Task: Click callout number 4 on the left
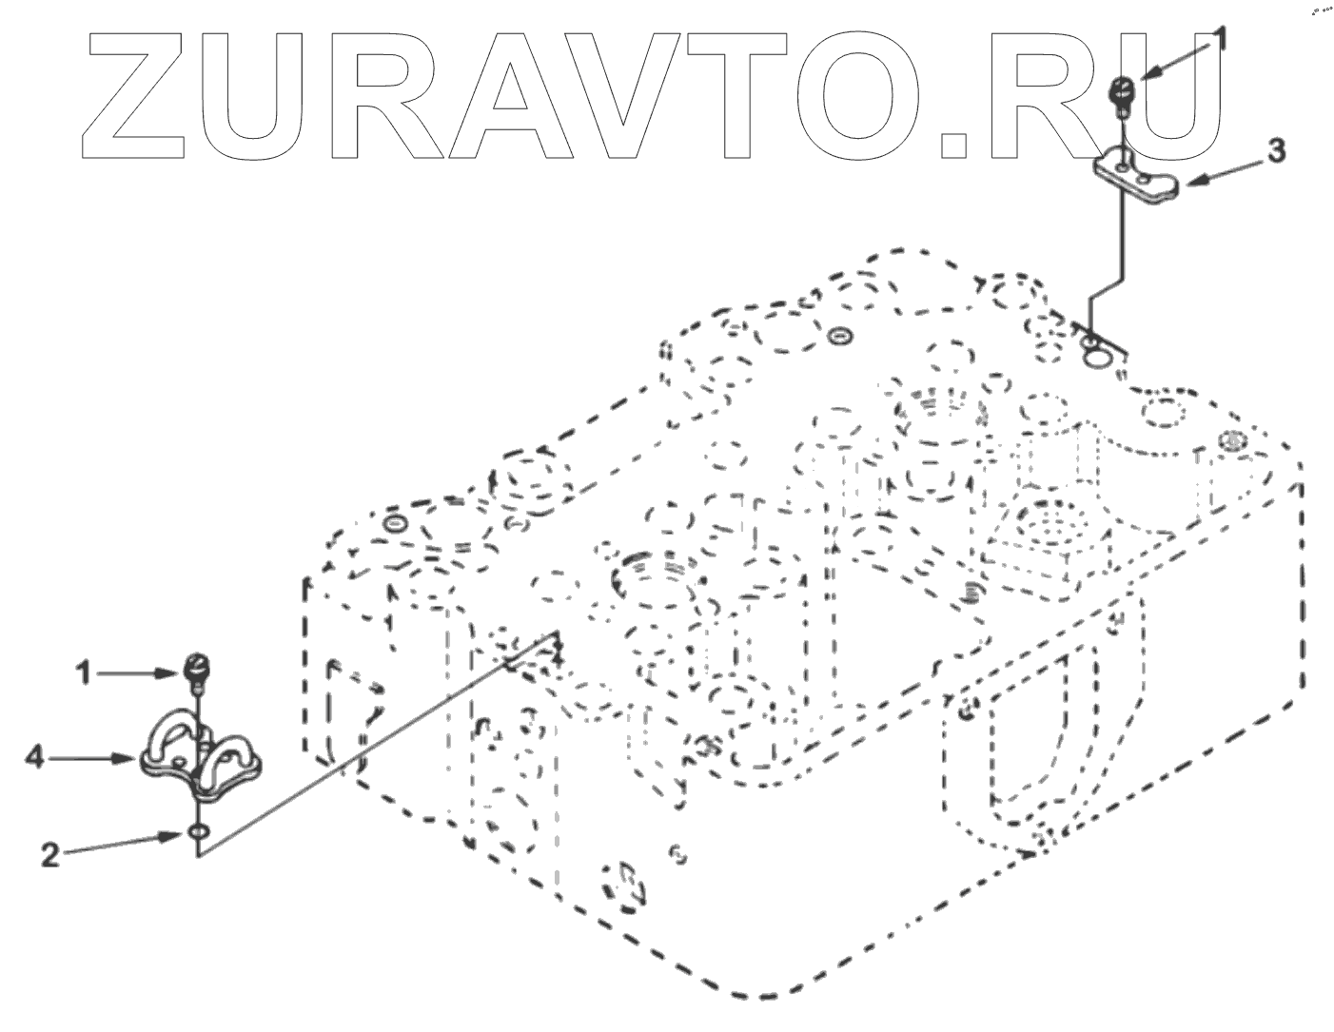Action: click(35, 758)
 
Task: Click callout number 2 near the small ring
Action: click(49, 854)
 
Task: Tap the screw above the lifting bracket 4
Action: click(197, 669)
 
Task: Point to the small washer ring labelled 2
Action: click(198, 834)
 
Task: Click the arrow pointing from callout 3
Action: click(1223, 171)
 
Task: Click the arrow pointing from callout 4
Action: click(95, 758)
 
